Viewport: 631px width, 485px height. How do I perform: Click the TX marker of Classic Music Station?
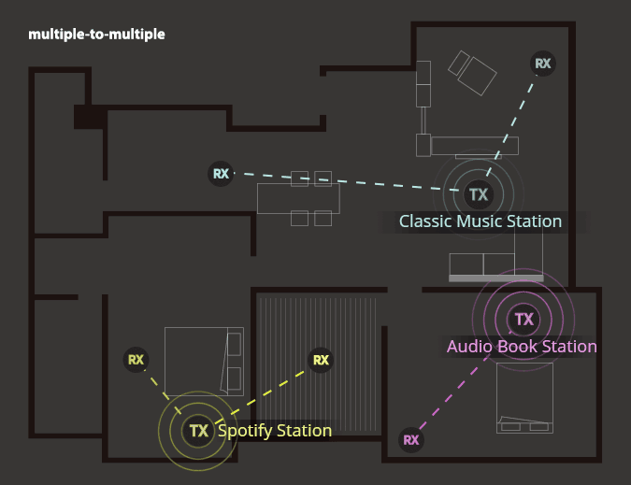[479, 194]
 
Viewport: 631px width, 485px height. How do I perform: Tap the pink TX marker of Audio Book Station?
[523, 320]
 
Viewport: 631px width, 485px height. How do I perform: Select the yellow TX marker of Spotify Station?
[198, 431]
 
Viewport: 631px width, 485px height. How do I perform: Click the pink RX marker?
[410, 439]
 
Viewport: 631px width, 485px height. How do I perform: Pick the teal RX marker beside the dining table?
[221, 173]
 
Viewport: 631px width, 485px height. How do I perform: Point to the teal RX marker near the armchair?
[542, 64]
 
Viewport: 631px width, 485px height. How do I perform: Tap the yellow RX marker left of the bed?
[136, 359]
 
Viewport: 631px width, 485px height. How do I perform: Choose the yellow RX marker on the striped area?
[321, 360]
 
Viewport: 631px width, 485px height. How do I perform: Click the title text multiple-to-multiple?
[96, 35]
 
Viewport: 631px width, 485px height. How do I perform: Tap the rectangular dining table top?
[298, 198]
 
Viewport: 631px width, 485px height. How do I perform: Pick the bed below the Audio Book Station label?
[524, 398]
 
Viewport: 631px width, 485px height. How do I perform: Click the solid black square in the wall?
[89, 117]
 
